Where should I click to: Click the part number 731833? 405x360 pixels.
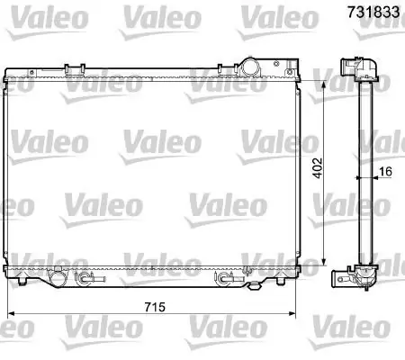[373, 13]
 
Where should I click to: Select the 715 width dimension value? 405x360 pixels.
[155, 307]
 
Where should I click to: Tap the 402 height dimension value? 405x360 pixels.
[317, 168]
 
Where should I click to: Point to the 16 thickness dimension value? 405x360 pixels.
[385, 171]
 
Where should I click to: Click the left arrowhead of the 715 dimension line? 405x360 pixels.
[11, 314]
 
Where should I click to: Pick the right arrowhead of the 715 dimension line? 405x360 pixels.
[292, 314]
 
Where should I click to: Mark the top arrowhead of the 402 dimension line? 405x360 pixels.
[323, 85]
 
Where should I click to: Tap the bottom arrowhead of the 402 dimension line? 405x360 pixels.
[323, 262]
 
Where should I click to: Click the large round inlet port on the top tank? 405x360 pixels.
[249, 67]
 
